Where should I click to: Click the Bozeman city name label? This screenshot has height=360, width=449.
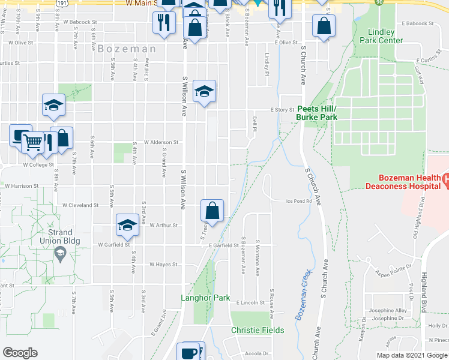(x=127, y=49)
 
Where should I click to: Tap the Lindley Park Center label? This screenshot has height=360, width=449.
(x=381, y=36)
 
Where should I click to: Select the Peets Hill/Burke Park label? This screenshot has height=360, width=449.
(x=316, y=113)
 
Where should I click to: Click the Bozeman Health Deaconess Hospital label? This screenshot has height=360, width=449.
(x=400, y=182)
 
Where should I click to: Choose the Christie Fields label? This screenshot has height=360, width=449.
(x=258, y=330)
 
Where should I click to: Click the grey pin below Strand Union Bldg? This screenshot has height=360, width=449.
(x=60, y=254)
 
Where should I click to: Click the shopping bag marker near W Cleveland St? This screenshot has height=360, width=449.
(x=212, y=211)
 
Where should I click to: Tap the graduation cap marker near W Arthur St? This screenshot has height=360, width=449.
(x=127, y=226)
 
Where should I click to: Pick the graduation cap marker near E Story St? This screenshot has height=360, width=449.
(x=205, y=92)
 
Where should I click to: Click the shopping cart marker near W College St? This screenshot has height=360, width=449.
(x=34, y=143)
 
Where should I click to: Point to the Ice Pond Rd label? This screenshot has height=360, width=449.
(x=298, y=201)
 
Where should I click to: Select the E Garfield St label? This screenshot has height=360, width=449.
(x=224, y=245)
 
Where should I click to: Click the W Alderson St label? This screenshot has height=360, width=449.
(x=161, y=142)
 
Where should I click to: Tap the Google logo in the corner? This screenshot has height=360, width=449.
(x=20, y=353)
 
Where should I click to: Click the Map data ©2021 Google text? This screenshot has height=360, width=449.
(x=411, y=355)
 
